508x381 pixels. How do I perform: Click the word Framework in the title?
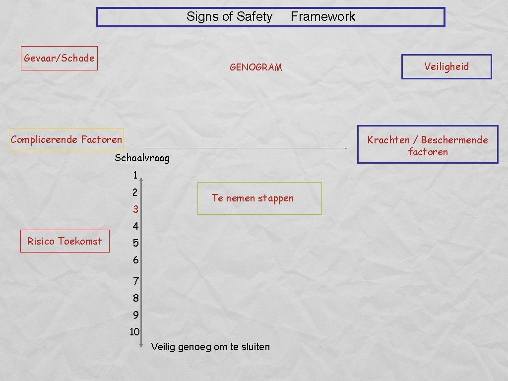pos(323,17)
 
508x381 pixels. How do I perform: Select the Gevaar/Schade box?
pos(59,58)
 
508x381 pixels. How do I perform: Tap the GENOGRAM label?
pos(255,67)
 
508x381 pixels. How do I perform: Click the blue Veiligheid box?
pos(446,66)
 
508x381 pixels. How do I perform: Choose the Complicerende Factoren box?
pos(66,139)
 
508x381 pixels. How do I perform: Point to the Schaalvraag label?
pos(142,158)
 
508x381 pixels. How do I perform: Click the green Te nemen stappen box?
pos(259,198)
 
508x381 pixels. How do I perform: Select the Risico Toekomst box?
pos(64,241)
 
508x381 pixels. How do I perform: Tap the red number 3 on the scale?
pos(135,210)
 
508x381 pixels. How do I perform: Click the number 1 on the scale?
pos(135,175)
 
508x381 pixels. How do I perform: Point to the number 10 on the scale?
pos(134,332)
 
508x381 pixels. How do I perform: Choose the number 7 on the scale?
pos(135,281)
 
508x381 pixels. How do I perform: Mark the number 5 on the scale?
pos(135,244)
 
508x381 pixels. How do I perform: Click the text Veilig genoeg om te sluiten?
pos(210,347)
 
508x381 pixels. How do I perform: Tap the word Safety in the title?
pos(254,17)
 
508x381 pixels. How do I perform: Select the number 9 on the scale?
pos(135,315)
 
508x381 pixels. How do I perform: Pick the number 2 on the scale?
pos(135,192)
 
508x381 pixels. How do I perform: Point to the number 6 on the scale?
pos(135,260)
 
